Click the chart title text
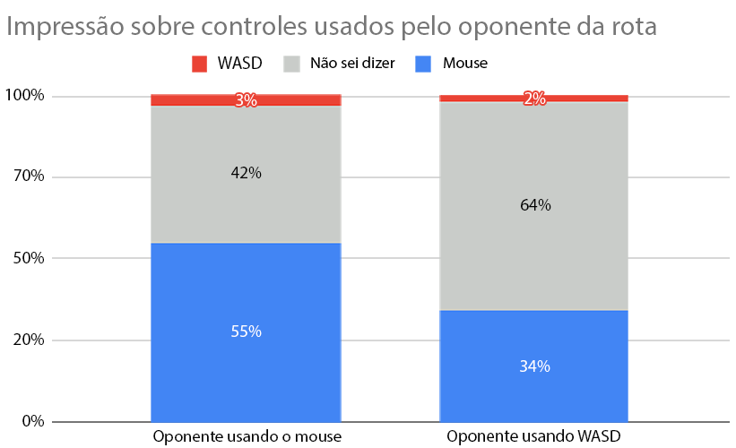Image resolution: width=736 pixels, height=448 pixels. coord(332,26)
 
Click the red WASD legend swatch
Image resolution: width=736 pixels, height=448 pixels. coord(199,64)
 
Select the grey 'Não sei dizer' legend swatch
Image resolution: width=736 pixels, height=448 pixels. coord(292,64)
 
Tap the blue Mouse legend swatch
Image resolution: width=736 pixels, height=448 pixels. coord(423,64)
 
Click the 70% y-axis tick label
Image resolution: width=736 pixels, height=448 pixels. coord(28,177)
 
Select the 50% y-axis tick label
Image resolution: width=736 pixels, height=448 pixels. coord(28,258)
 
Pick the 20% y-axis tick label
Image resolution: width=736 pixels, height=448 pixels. coord(28,340)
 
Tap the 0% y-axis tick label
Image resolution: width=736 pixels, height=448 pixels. coord(31,421)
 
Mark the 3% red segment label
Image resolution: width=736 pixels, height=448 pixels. coord(246,100)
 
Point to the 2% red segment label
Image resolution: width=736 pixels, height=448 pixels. coord(534,99)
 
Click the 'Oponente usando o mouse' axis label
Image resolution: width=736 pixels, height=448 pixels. coord(247,438)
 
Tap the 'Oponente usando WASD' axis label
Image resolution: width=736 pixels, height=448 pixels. coord(534,438)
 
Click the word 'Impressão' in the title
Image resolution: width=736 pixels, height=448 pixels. coord(67,27)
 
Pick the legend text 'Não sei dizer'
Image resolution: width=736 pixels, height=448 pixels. coord(352,64)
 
